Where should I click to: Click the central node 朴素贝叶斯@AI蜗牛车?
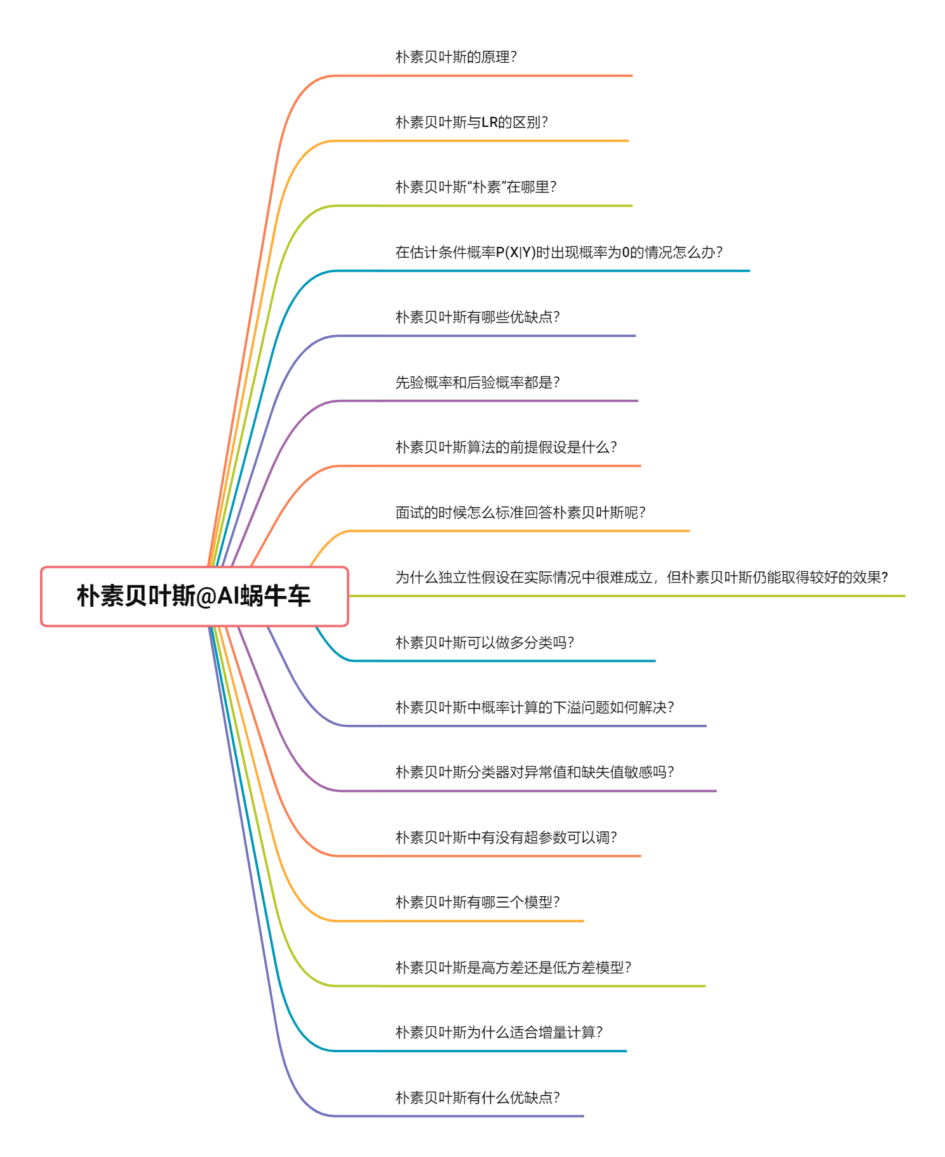tap(194, 597)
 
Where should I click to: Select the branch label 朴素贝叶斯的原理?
tap(456, 57)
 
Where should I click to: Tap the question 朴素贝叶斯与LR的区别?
tap(471, 122)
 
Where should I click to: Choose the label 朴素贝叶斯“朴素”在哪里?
tap(476, 187)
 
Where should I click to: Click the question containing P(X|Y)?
tap(559, 253)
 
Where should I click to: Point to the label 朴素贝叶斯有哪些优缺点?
tap(478, 317)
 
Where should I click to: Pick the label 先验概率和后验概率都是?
tap(478, 382)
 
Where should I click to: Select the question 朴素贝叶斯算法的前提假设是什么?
tap(506, 447)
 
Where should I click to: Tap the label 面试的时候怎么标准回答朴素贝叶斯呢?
tap(520, 512)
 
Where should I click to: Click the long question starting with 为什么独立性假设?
tap(641, 578)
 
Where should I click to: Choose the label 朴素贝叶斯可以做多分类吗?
tap(485, 642)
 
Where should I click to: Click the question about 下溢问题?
tap(535, 708)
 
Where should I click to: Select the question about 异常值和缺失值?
tap(535, 772)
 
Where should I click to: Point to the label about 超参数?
tap(506, 838)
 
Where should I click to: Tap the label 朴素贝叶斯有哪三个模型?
tap(478, 902)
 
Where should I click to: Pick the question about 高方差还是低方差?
tap(513, 968)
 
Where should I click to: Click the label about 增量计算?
tap(499, 1033)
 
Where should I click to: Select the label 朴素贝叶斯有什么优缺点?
tap(478, 1098)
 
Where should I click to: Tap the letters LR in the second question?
tap(490, 122)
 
